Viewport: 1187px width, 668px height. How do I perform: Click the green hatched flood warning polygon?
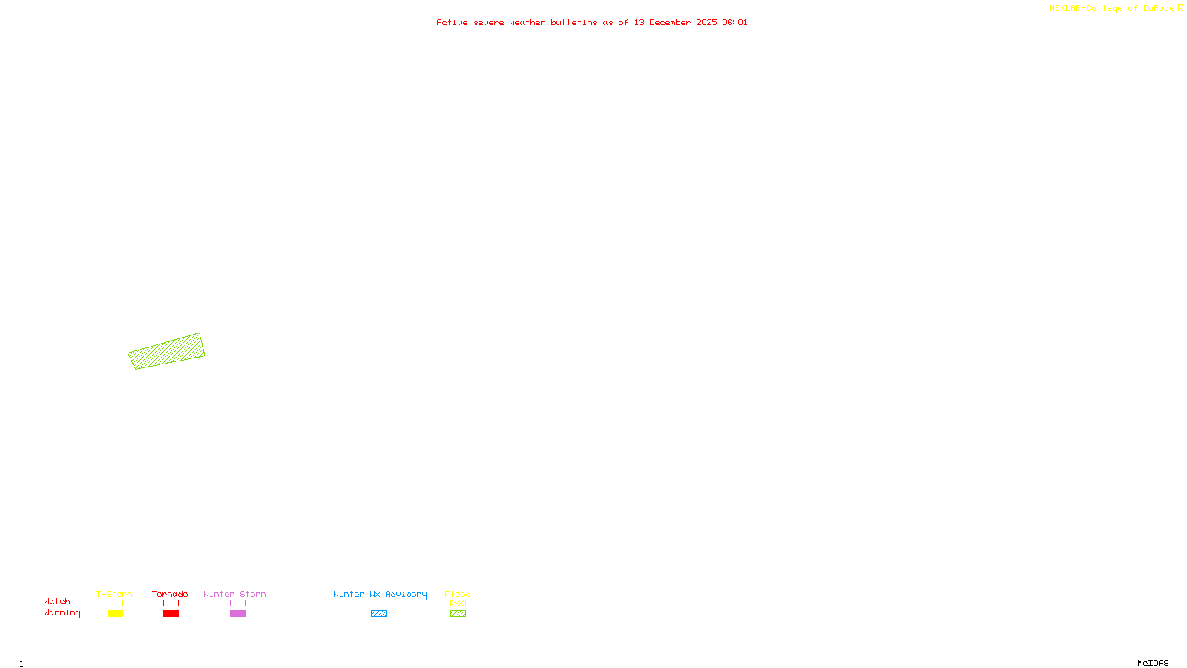tap(166, 351)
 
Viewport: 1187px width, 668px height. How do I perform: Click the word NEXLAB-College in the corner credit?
tap(1085, 9)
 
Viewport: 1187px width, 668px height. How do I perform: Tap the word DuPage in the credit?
tap(1158, 9)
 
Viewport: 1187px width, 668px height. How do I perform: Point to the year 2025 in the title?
tap(706, 23)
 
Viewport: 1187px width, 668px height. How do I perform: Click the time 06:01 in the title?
tap(734, 23)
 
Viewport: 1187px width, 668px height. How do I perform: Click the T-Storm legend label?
tap(114, 594)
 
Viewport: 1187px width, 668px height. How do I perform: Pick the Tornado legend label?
tap(170, 594)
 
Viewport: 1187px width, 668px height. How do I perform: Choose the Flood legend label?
tap(458, 594)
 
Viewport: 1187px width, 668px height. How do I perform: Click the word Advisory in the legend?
tap(406, 594)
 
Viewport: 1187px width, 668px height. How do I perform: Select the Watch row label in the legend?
tap(57, 602)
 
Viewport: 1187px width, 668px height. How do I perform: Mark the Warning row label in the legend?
tap(62, 613)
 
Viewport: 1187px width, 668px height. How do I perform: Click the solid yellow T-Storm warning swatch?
tap(115, 614)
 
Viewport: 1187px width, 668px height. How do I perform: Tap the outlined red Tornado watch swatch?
tap(171, 603)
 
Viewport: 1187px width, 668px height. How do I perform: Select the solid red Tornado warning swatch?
tap(171, 614)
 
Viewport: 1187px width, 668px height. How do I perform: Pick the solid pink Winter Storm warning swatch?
tap(237, 614)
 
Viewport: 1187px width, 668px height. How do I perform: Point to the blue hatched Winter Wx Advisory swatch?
tap(378, 614)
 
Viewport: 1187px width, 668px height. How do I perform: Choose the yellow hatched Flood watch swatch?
tap(458, 603)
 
